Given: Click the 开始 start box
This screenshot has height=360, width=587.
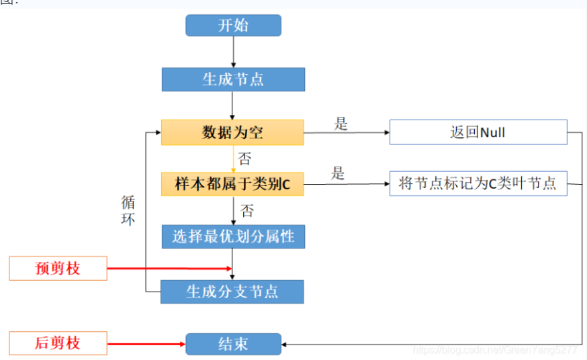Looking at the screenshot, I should pos(233,26).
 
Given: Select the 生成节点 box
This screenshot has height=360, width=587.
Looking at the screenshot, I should pos(233,79).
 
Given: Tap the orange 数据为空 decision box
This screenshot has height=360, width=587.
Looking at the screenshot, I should pos(232,132).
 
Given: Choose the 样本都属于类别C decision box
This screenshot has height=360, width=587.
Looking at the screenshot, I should pos(232,184).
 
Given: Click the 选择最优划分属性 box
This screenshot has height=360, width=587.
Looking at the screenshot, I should pos(232,236).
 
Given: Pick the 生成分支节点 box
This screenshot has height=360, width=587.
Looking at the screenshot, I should pos(232,291).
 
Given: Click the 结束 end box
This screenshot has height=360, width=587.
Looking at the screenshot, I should pos(233,344).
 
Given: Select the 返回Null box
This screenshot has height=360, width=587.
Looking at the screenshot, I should pos(478,132).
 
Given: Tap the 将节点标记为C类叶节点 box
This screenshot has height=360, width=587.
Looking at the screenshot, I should pos(478,183).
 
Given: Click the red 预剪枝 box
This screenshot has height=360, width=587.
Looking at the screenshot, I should pos(58,269).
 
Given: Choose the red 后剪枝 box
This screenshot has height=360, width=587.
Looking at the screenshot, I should pos(58,343).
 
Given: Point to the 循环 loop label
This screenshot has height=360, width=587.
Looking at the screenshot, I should pos(128,210).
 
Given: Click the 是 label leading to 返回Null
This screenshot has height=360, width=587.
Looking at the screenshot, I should pos(341,124).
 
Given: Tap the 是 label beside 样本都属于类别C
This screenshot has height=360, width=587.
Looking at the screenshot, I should pos(337,173).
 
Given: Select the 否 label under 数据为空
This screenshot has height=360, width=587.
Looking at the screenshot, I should pos(245,159).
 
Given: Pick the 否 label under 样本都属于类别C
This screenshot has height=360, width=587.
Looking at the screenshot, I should pos(247,211).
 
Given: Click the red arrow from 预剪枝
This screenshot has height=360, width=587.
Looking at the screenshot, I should pos(168,269).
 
